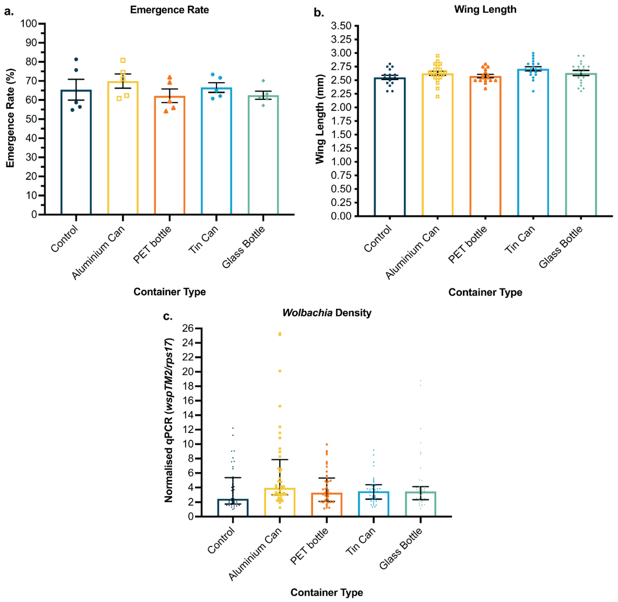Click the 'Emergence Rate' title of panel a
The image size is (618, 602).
pos(170,10)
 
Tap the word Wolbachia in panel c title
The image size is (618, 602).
pos(307,313)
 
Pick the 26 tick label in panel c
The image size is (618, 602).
pos(188,328)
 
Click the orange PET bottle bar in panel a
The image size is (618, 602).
pos(170,158)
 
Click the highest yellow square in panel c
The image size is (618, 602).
pos(280,334)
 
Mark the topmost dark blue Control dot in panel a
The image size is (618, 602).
pos(76,60)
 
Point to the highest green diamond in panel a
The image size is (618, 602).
pos(263,81)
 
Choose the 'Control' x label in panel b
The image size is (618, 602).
pos(378,239)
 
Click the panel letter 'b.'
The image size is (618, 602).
pos(319,13)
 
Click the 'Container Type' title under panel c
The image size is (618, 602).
pos(327,592)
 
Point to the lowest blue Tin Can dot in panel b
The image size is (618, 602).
pos(533,91)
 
